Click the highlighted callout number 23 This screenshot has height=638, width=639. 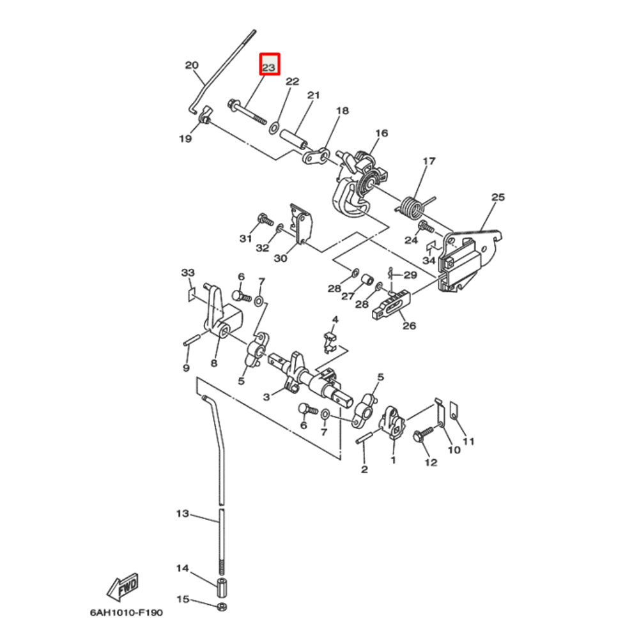pos(269,66)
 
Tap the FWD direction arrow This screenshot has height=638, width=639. pos(123,586)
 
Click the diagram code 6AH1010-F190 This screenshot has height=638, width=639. pos(126,612)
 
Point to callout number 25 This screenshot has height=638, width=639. pos(498,197)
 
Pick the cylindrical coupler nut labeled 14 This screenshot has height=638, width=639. pos(222,586)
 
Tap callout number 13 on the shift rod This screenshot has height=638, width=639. pos(183,513)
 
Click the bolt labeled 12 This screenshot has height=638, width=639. pos(423,436)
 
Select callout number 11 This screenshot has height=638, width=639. pos(469,441)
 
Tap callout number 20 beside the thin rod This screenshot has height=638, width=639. pos(192,65)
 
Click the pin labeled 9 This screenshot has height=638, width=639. pos(189,342)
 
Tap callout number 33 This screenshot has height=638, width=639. pos(187,273)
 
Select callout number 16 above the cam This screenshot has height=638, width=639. pos(381,133)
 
